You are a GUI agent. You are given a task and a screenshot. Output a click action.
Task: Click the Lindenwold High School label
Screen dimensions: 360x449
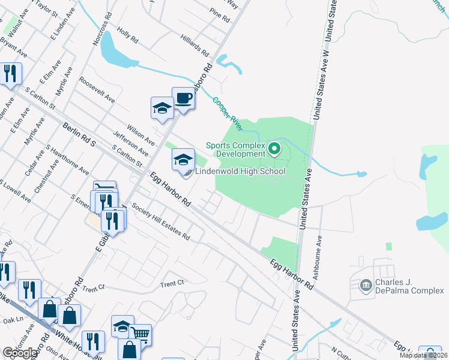pos(240,171)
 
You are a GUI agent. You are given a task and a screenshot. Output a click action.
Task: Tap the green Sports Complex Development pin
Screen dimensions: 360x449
pos(274,147)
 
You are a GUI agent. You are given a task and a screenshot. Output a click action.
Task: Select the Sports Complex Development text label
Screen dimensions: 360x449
pos(235,149)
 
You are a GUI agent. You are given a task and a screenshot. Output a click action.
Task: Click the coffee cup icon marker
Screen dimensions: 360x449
pos(183,98)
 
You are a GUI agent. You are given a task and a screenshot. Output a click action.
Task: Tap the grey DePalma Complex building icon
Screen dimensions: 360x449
pos(365,285)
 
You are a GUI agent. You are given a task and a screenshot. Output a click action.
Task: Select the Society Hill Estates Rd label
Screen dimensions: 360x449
pos(160,222)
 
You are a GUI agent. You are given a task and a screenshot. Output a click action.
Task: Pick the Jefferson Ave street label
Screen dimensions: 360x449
pos(131,137)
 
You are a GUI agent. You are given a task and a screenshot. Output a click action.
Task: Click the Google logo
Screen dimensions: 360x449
pos(20,353)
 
